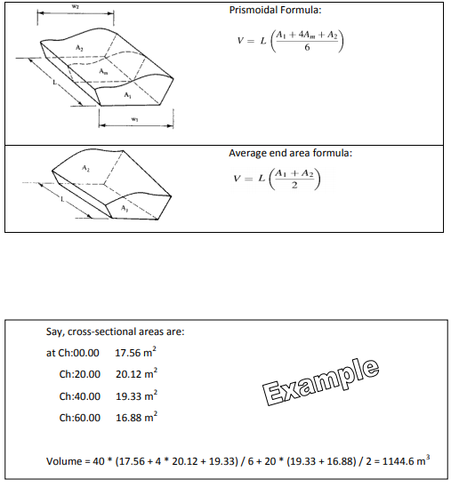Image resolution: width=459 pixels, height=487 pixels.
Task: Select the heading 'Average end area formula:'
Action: [x=290, y=153]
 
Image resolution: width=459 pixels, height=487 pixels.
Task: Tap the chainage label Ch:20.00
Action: [x=80, y=373]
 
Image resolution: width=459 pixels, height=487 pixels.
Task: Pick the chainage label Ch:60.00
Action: [x=80, y=416]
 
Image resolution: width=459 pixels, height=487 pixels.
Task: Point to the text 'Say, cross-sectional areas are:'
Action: [x=115, y=332]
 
